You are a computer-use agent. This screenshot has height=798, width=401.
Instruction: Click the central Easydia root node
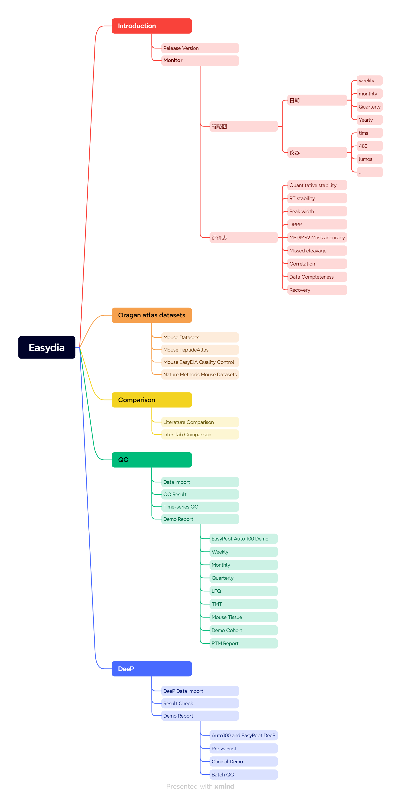pos(47,347)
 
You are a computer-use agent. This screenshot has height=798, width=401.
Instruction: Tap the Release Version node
pos(200,48)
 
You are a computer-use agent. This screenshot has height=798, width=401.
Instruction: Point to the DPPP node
pos(317,225)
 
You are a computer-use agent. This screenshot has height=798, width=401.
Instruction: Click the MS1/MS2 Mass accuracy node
pos(317,238)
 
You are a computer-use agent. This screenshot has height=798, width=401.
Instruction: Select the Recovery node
pos(317,290)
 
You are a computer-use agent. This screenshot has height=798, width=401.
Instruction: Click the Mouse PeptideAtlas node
pos(200,350)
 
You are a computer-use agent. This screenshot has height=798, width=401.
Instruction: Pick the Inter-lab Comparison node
pos(200,435)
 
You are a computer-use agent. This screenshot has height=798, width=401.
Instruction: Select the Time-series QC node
pos(200,507)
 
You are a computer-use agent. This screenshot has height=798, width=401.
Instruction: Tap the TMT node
pos(243,604)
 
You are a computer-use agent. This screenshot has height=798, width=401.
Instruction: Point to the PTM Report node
pos(243,643)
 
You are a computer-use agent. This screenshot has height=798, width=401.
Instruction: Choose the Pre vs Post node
pos(243,748)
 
